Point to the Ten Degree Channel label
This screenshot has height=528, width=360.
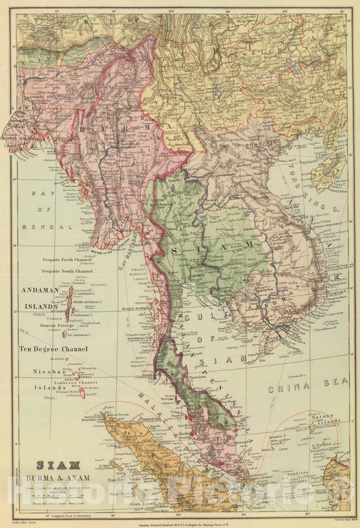(x=53, y=350)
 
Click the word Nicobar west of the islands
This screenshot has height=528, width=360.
(x=47, y=372)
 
